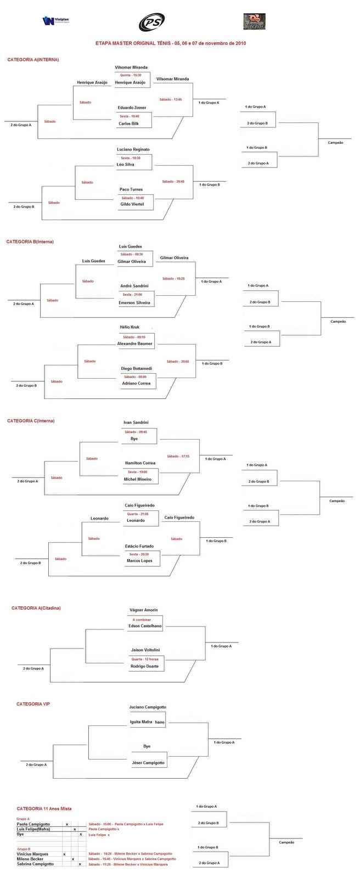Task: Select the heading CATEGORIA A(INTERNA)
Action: pos(33,59)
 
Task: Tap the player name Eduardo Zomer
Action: pos(132,108)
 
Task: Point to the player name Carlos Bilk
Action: pos(128,123)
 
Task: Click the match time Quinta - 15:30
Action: pos(128,75)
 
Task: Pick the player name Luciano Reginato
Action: pos(133,149)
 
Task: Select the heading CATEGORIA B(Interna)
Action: pos(30,241)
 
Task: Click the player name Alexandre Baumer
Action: pos(135,344)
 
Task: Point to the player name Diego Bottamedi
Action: pos(137,368)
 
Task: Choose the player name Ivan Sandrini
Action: pos(136,423)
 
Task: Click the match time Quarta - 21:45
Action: pos(137,514)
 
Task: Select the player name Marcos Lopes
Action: pos(139,561)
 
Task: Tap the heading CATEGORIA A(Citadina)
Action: pos(36,608)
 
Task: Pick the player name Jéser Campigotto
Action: pos(148,763)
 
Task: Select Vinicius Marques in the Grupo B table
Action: pos(33,854)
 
